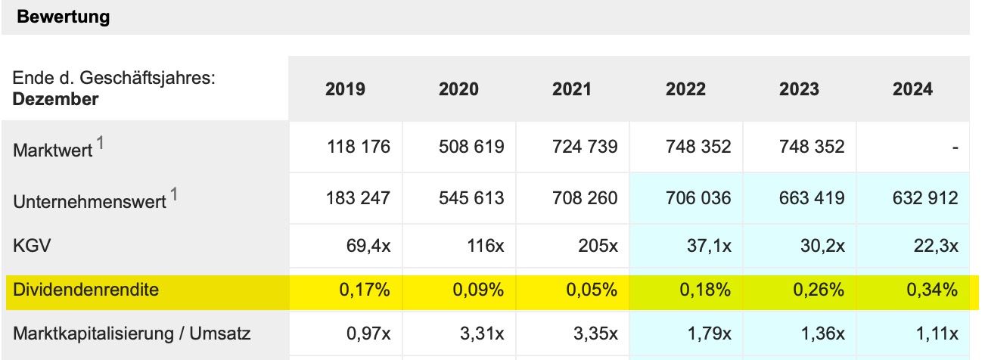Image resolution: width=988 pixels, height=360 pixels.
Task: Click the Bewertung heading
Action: [x=63, y=17]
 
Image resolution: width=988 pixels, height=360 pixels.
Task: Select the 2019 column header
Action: [x=345, y=89]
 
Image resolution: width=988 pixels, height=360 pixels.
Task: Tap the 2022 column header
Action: [x=685, y=89]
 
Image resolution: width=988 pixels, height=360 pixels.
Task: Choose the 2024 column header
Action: [x=912, y=89]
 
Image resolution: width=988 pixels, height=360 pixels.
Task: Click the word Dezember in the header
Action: [x=55, y=99]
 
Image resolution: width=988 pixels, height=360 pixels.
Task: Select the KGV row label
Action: [x=29, y=247]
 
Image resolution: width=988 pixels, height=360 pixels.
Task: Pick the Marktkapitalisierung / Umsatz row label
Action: [x=132, y=333]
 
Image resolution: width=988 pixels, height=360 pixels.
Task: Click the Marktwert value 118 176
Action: [x=359, y=147]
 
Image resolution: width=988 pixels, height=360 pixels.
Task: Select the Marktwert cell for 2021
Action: [x=585, y=147]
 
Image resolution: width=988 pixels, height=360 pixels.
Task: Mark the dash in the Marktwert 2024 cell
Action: [x=955, y=147]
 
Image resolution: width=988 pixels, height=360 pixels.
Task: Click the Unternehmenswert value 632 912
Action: [x=926, y=199]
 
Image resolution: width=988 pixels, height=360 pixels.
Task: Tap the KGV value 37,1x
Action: [x=707, y=247]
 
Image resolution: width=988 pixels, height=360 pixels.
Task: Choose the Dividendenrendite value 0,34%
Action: [x=933, y=290]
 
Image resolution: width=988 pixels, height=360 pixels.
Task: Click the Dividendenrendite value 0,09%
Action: [x=479, y=290]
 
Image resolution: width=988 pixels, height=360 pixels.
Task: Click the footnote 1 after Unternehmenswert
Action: [x=174, y=195]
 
